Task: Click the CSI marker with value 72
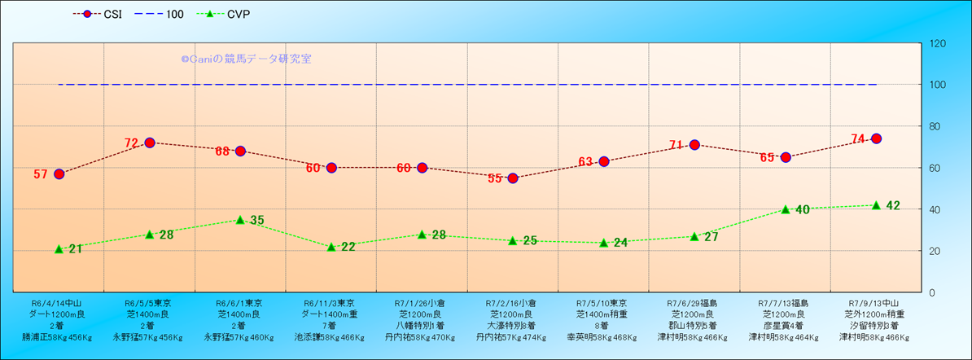pyautogui.click(x=150, y=143)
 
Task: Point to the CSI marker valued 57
pyautogui.click(x=59, y=173)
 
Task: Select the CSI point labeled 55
pyautogui.click(x=513, y=178)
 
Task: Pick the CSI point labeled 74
pyautogui.click(x=876, y=138)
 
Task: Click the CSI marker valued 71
pyautogui.click(x=694, y=145)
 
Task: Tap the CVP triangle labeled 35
pyautogui.click(x=240, y=220)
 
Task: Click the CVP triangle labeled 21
pyautogui.click(x=59, y=249)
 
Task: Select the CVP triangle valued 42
pyautogui.click(x=876, y=205)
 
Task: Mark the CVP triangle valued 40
pyautogui.click(x=786, y=209)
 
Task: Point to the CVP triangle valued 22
pyautogui.click(x=331, y=247)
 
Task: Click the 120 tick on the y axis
pyautogui.click(x=938, y=43)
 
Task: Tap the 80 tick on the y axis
pyautogui.click(x=935, y=126)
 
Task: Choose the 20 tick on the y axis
pyautogui.click(x=935, y=251)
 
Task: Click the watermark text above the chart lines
pyautogui.click(x=246, y=59)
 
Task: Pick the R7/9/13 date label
pyautogui.click(x=875, y=302)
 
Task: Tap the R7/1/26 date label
pyautogui.click(x=421, y=302)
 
